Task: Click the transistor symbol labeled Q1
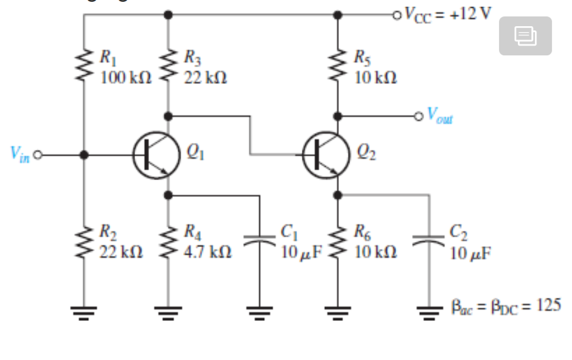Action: [x=156, y=156]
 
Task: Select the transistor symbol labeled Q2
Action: [x=326, y=156]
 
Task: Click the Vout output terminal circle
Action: [x=417, y=115]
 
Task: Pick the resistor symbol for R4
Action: [x=168, y=241]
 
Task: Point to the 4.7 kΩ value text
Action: [x=208, y=251]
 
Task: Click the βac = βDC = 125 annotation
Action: [x=506, y=306]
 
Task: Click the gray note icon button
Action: [x=525, y=36]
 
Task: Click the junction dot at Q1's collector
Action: [x=168, y=115]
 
